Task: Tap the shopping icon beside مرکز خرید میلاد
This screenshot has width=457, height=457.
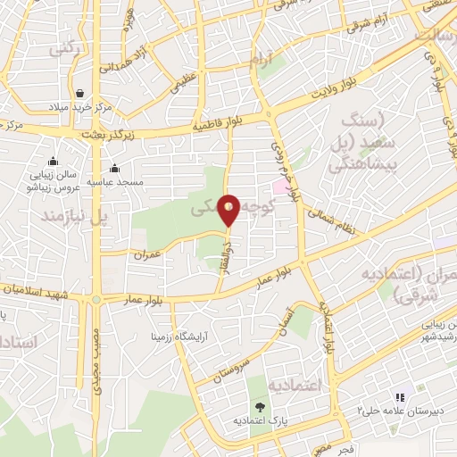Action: click(x=79, y=93)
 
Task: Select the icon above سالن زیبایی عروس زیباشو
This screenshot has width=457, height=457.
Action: click(x=54, y=162)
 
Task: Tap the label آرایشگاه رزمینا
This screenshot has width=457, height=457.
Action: click(x=187, y=337)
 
